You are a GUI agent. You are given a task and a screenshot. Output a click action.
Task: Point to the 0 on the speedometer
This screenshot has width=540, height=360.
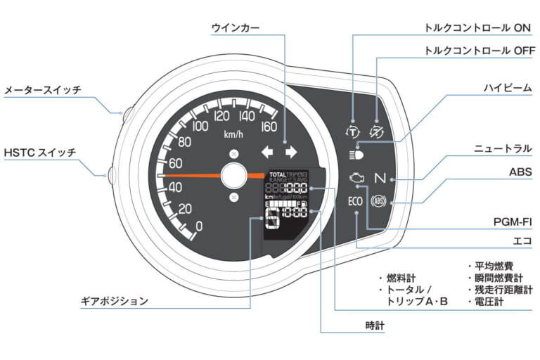[199, 226]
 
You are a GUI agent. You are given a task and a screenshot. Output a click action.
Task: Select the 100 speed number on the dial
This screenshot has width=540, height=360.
[200, 127]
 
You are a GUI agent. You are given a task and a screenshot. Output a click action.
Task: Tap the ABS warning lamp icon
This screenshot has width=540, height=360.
[380, 201]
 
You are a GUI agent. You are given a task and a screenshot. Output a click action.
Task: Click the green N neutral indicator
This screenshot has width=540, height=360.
[381, 178]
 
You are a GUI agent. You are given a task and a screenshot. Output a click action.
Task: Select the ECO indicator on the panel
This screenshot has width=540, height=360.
[355, 201]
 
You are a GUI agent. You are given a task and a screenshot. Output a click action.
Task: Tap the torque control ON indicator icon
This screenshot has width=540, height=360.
[352, 130]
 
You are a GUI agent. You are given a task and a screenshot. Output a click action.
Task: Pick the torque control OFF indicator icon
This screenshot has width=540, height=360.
[378, 130]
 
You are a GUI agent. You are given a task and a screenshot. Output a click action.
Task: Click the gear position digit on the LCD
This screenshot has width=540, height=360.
[271, 219]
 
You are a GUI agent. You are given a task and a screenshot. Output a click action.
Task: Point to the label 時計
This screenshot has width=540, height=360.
[375, 326]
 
